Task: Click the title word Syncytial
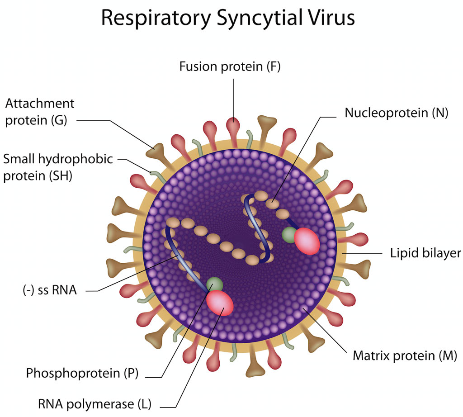(261, 19)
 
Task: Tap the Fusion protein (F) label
(230, 67)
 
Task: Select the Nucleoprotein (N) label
(396, 113)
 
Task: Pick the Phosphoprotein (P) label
(82, 373)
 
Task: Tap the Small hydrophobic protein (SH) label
(58, 167)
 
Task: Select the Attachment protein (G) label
(39, 112)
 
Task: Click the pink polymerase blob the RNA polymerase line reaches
(220, 303)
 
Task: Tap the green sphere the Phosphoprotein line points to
(214, 285)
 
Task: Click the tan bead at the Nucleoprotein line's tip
(271, 204)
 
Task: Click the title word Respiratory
(156, 19)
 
